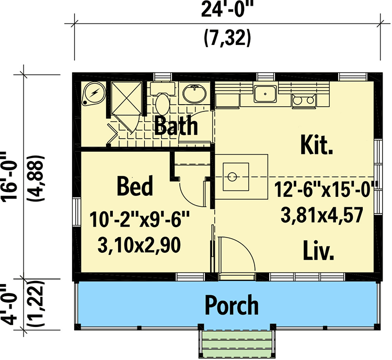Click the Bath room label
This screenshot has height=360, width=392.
[x=176, y=125]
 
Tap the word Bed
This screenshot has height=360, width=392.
[x=135, y=186]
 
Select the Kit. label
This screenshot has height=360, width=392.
[x=317, y=145]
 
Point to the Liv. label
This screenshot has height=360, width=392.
[x=318, y=250]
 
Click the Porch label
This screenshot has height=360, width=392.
[x=232, y=305]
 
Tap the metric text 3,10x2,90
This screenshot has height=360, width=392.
[x=139, y=245]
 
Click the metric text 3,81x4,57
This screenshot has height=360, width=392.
[x=322, y=215]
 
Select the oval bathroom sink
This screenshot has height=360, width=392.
[x=194, y=94]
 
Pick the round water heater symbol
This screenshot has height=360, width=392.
[x=94, y=93]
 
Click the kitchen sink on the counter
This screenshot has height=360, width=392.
[x=265, y=94]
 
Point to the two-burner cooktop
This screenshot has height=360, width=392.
[x=303, y=100]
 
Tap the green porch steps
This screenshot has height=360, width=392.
[x=237, y=344]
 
